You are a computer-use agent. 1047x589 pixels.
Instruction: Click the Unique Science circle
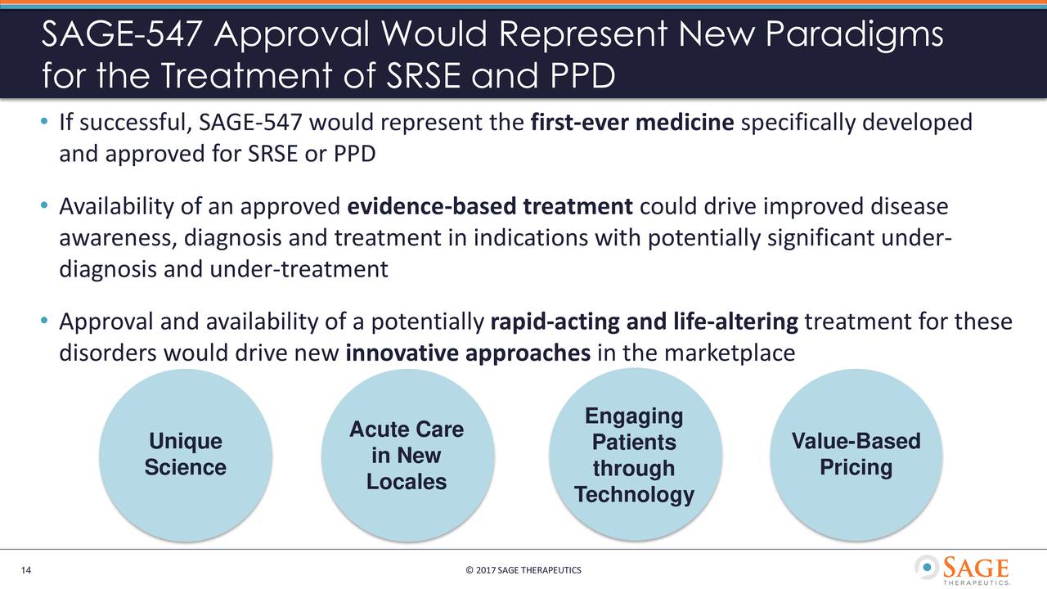pyautogui.click(x=185, y=454)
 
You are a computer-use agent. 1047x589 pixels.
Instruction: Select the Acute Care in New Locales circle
pyautogui.click(x=407, y=456)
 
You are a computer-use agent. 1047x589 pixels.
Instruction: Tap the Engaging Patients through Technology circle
pyautogui.click(x=634, y=455)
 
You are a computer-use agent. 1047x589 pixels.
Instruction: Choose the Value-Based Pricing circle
pyautogui.click(x=856, y=454)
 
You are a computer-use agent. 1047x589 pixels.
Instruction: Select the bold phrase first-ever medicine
pyautogui.click(x=631, y=124)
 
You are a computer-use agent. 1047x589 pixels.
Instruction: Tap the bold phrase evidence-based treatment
pyautogui.click(x=490, y=206)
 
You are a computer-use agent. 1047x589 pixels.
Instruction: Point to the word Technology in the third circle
pyautogui.click(x=634, y=495)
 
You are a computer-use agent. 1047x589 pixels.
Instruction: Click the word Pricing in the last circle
pyautogui.click(x=856, y=468)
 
